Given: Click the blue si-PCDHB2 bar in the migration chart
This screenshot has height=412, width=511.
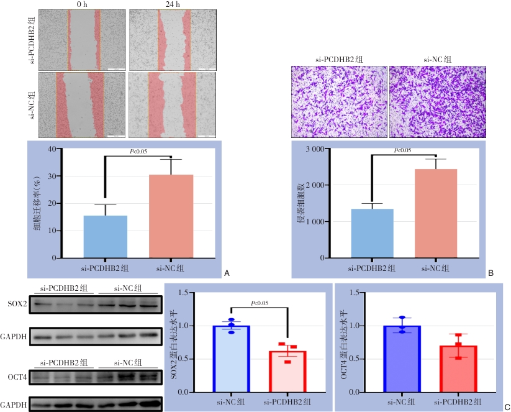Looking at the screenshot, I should (x=106, y=237).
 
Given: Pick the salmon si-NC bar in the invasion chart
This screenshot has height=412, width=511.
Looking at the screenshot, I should (x=436, y=214).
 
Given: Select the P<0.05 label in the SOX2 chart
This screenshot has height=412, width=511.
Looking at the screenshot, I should (x=259, y=303).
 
